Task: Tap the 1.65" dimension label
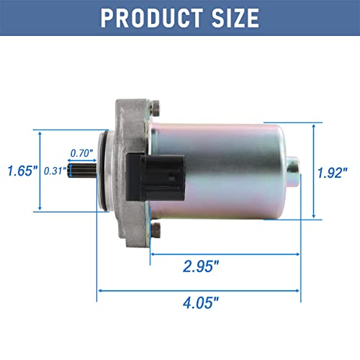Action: click(x=19, y=171)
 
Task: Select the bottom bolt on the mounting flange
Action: click(x=153, y=230)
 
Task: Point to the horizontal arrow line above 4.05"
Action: click(x=199, y=291)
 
